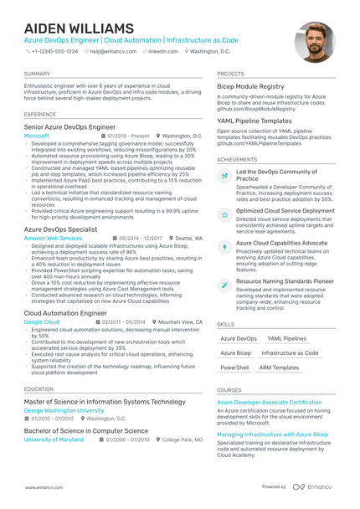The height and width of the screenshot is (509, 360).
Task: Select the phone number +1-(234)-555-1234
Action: pyautogui.click(x=54, y=51)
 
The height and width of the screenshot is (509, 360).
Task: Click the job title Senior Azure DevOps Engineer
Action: pyautogui.click(x=69, y=126)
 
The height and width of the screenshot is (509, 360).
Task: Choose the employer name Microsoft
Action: pyautogui.click(x=37, y=135)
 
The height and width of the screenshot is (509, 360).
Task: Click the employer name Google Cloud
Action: pyautogui.click(x=42, y=321)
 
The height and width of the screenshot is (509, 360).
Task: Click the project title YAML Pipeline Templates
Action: pyautogui.click(x=255, y=121)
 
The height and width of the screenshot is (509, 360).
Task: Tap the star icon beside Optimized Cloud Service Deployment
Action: pyautogui.click(x=224, y=214)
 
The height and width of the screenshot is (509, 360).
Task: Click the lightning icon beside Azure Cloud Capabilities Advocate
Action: pyautogui.click(x=224, y=247)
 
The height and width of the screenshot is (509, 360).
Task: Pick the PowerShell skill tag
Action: pyautogui.click(x=234, y=368)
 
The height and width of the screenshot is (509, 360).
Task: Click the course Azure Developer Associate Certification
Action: pyautogui.click(x=269, y=402)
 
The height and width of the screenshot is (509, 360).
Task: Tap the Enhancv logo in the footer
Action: pyautogui.click(x=314, y=486)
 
